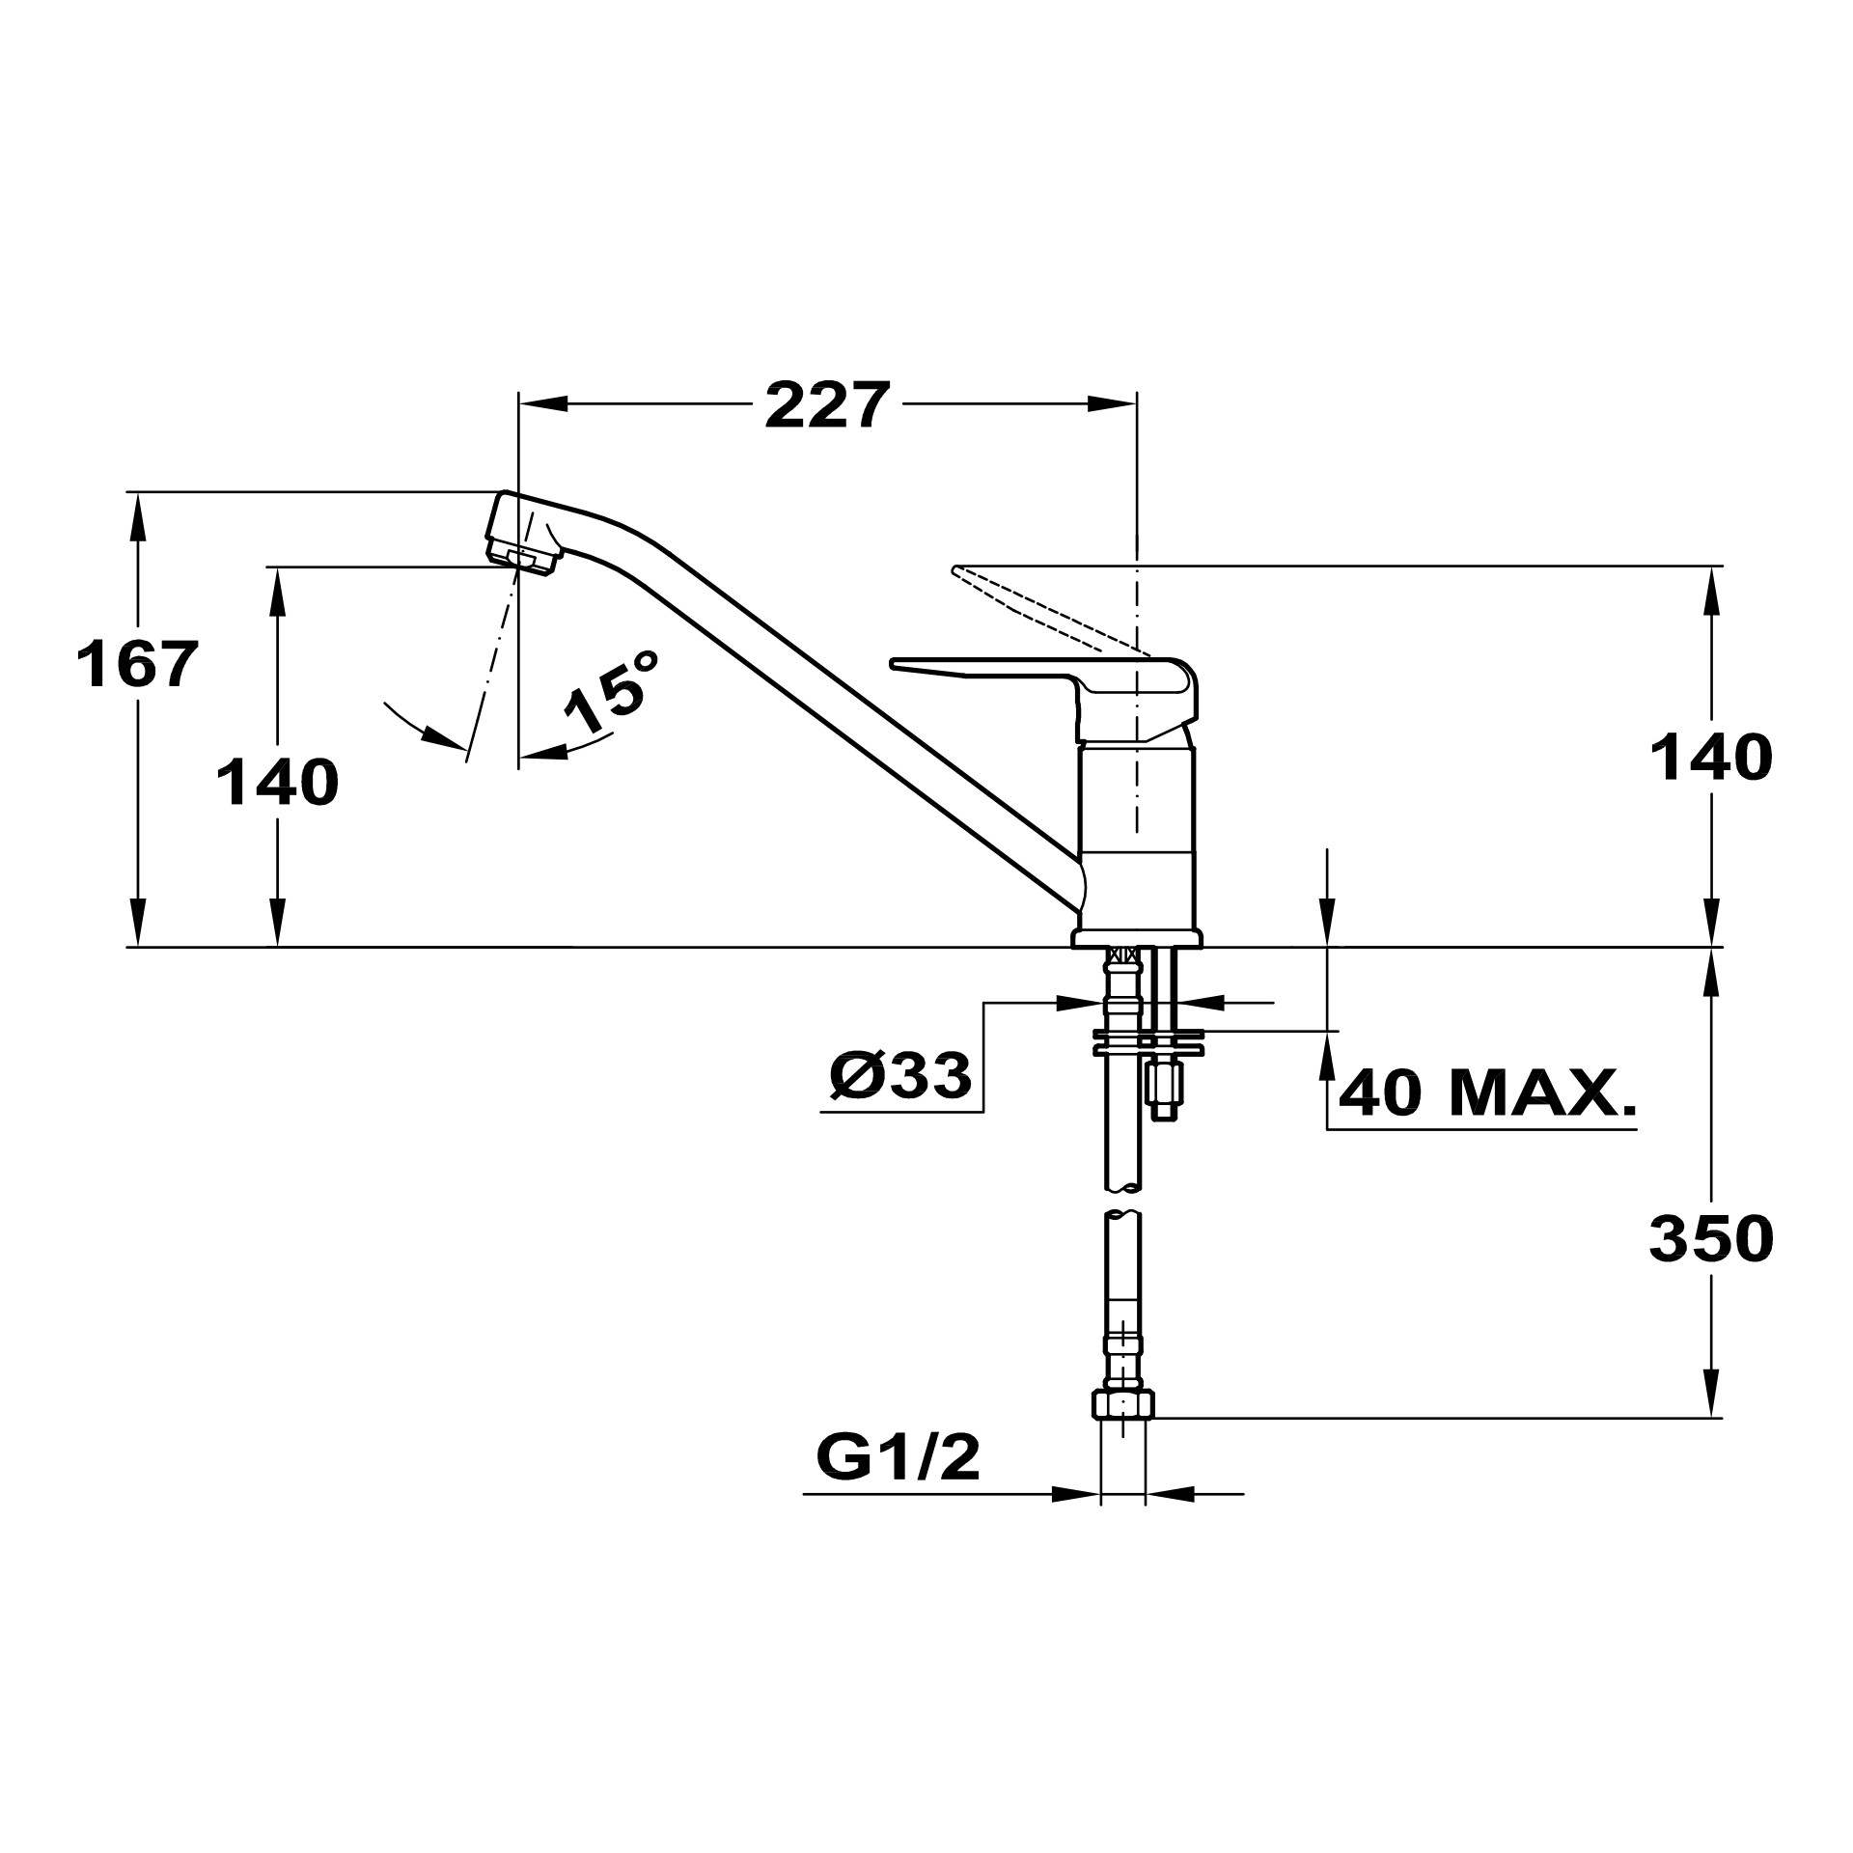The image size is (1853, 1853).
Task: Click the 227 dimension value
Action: (x=826, y=405)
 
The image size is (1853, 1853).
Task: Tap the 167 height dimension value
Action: (x=138, y=665)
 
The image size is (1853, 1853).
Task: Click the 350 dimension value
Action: (x=1711, y=1238)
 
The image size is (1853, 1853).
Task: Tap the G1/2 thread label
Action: (x=898, y=1458)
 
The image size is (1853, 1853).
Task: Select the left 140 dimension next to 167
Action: (x=277, y=782)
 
